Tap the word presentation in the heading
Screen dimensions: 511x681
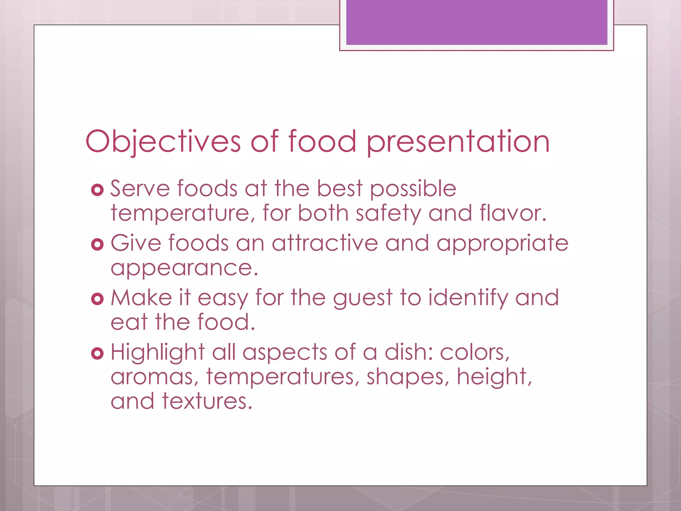pyautogui.click(x=458, y=142)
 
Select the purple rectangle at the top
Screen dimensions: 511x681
pyautogui.click(x=477, y=22)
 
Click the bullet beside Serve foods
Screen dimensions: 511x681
pyautogui.click(x=97, y=190)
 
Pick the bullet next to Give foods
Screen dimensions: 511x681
pyautogui.click(x=97, y=245)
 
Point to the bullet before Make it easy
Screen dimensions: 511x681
pyautogui.click(x=97, y=299)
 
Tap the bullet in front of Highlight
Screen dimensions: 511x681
pyautogui.click(x=97, y=353)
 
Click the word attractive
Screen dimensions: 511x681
pyautogui.click(x=325, y=243)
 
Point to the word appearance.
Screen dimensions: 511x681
pyautogui.click(x=184, y=268)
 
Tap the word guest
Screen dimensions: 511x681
pyautogui.click(x=362, y=298)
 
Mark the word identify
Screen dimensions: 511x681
pyautogui.click(x=468, y=298)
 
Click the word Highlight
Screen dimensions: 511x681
pyautogui.click(x=158, y=353)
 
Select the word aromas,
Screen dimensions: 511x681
pyautogui.click(x=155, y=377)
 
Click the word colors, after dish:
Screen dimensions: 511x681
pyautogui.click(x=475, y=352)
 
